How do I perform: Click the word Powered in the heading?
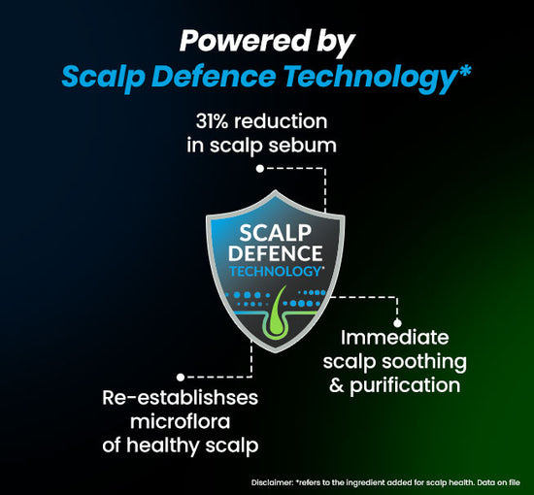pos(243,41)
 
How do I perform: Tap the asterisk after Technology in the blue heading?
pos(464,71)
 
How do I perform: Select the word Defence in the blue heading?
pos(216,76)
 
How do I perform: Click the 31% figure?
pos(212,121)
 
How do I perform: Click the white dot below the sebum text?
pos(260,169)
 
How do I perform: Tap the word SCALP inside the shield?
pos(275,233)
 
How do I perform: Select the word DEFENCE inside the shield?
pos(275,253)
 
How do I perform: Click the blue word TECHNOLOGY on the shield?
pos(276,272)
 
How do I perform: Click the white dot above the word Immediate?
pos(397,323)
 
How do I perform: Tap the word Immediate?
pos(395,338)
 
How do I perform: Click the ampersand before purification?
pos(337,385)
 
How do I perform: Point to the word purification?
pos(405,386)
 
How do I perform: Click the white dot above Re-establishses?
pos(181,378)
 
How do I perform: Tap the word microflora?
pos(181,422)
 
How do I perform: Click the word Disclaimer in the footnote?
pos(272,482)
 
